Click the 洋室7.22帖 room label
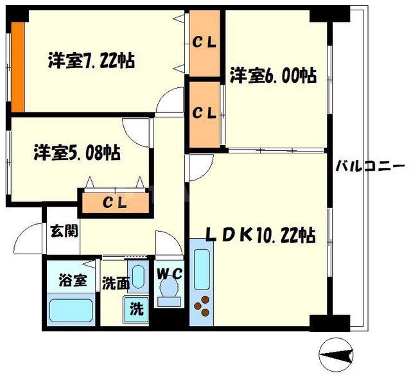coord(91,61)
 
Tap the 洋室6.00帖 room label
coord(272,76)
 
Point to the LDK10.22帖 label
coord(260,235)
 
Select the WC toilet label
coord(170,273)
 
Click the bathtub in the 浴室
coord(71,311)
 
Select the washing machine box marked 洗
coord(137,308)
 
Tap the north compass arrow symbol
coord(339,353)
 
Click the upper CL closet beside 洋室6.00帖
coord(205,44)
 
